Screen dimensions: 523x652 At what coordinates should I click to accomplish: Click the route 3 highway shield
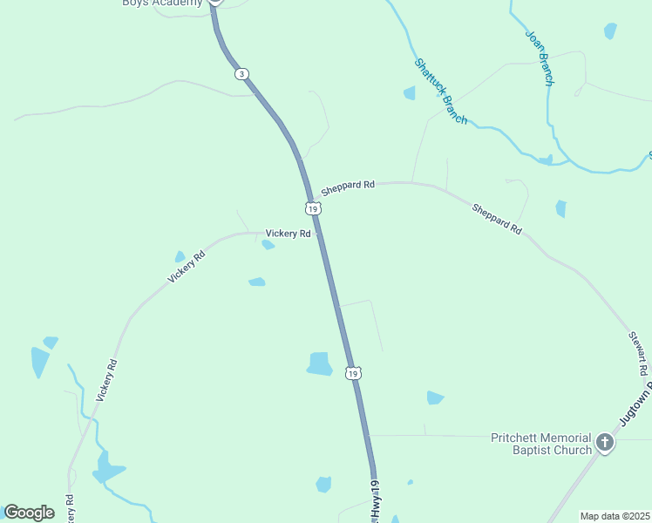[241, 74]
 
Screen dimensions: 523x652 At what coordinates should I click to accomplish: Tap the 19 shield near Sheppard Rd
[313, 208]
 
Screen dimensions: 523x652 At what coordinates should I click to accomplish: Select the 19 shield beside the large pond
[352, 373]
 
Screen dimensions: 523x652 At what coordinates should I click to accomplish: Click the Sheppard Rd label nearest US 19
[347, 187]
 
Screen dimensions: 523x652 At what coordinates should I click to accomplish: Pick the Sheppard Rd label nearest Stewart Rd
[497, 220]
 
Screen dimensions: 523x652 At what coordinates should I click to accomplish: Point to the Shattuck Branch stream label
[440, 91]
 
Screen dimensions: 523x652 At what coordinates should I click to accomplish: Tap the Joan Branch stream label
[539, 58]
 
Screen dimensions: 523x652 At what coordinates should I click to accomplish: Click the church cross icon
[605, 444]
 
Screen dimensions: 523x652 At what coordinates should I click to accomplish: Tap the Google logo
[29, 513]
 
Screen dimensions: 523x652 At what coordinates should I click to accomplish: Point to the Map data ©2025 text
[614, 516]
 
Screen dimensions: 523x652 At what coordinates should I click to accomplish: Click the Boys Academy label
[162, 3]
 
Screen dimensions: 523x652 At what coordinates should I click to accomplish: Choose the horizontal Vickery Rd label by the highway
[288, 234]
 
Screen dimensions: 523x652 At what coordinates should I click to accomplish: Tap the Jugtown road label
[635, 405]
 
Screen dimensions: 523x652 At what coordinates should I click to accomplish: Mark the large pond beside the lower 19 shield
[320, 364]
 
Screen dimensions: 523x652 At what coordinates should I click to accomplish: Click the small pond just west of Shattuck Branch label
[409, 93]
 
